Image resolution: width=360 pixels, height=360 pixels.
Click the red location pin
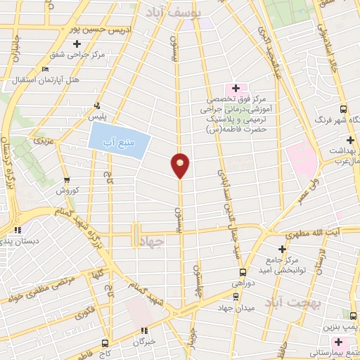[x=180, y=165]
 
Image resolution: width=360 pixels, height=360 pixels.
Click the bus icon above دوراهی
[x=243, y=272]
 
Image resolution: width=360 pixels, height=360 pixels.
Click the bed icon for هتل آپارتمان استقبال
[x=46, y=70]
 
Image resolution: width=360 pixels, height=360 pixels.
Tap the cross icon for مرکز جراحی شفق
[x=87, y=44]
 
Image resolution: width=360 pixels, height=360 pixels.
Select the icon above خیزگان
[x=144, y=330]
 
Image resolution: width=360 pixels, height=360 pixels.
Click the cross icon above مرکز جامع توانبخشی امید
[x=282, y=249]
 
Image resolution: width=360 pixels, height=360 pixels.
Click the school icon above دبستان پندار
[x=19, y=229]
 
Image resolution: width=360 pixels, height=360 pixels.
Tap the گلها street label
[x=97, y=271]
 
